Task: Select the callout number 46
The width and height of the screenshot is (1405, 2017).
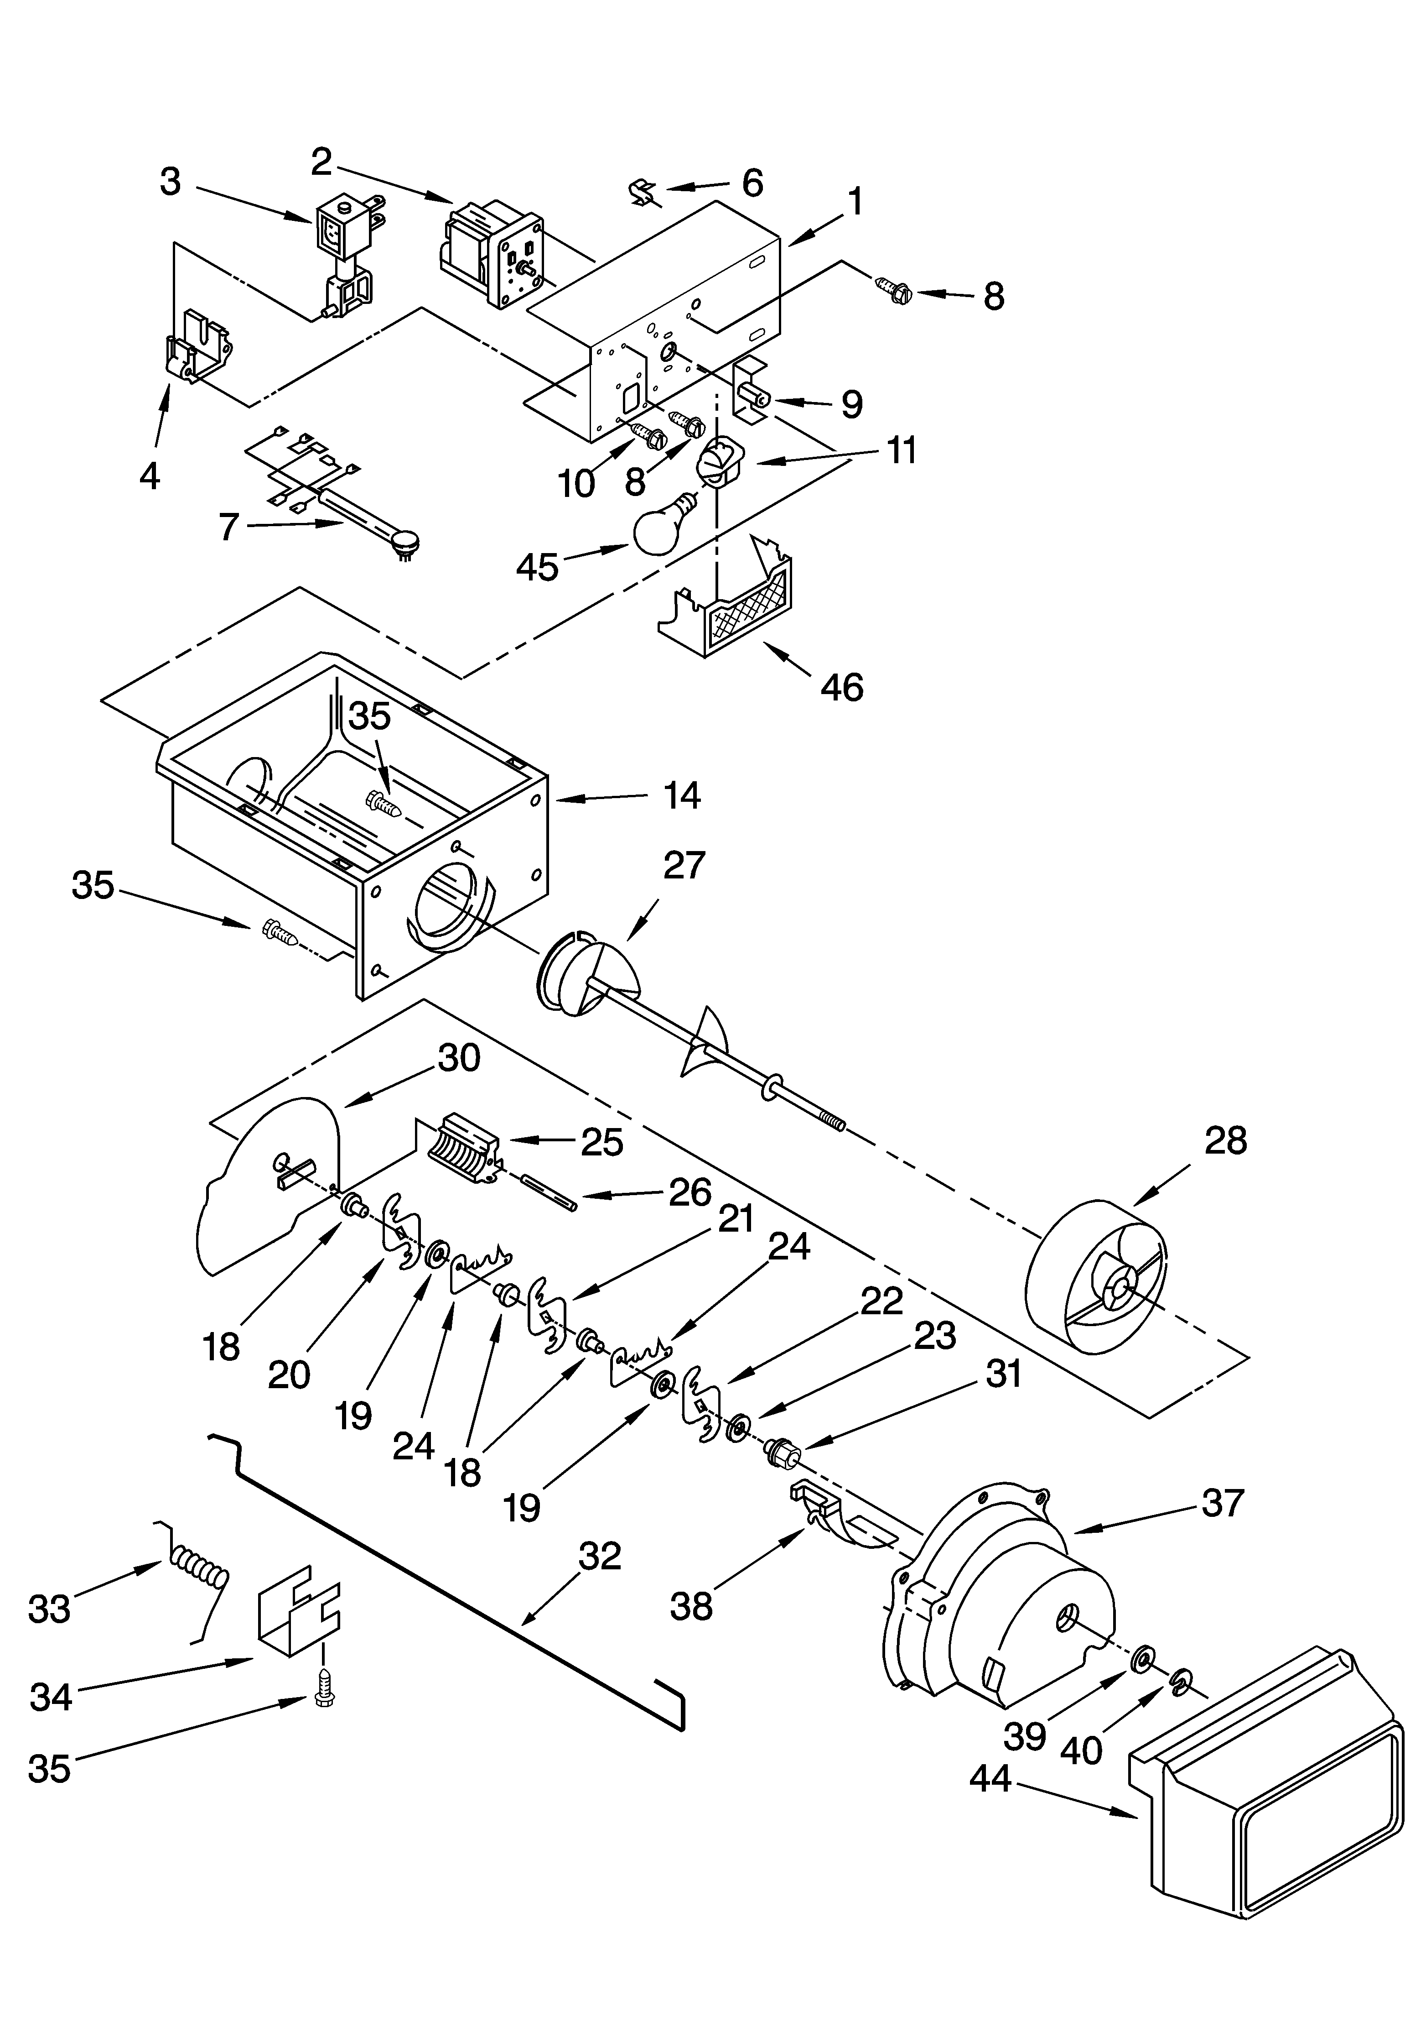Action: pyautogui.click(x=841, y=687)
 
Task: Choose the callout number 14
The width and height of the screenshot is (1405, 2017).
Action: pyautogui.click(x=681, y=796)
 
